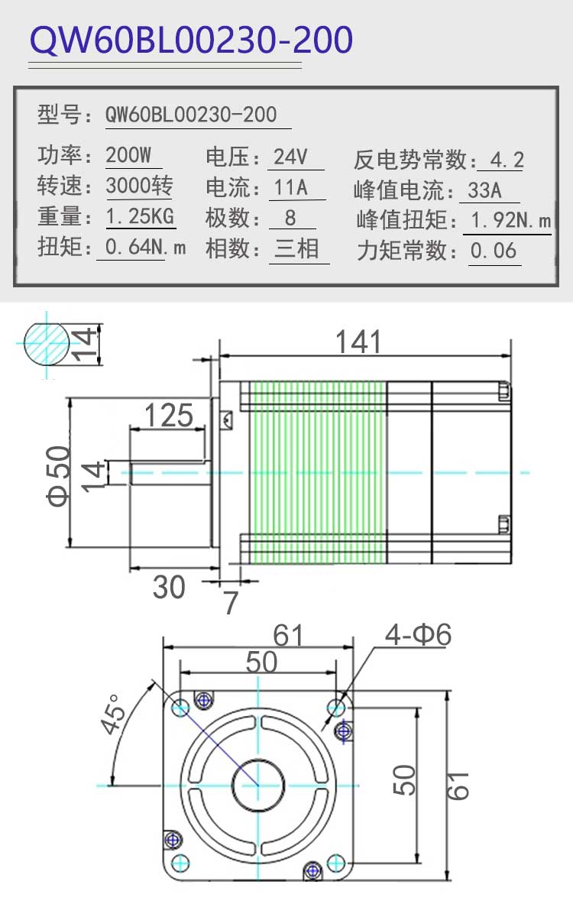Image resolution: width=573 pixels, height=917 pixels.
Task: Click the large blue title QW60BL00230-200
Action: pos(191,40)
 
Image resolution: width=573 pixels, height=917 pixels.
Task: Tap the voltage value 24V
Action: pos(290,157)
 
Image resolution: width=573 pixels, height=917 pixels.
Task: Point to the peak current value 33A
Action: pos(484,190)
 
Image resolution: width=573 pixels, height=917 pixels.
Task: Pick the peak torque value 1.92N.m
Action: pos(511,220)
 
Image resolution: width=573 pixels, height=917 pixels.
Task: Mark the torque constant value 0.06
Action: pos(494,250)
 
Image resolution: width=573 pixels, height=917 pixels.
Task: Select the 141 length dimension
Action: pos(358,342)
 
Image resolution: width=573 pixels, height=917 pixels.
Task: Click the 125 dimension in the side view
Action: pos(169,415)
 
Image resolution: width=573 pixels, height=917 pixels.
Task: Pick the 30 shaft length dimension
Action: pos(169,587)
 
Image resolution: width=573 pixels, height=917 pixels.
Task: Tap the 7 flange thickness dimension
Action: pos(231,603)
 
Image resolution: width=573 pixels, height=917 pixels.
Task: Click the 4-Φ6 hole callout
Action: pos(418,634)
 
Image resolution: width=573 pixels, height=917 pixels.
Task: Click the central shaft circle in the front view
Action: pos(258,786)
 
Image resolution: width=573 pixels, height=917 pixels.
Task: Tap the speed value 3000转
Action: pos(140,186)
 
